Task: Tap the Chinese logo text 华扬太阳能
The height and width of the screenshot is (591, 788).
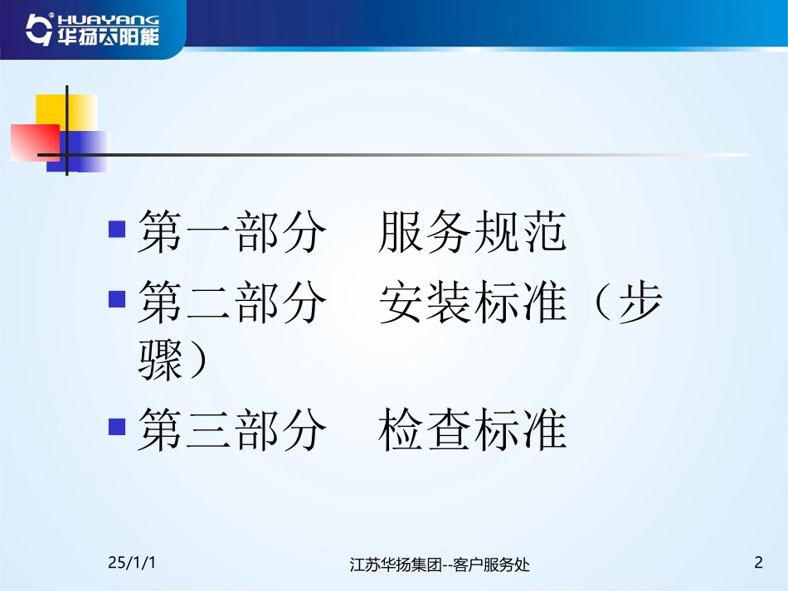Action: click(106, 37)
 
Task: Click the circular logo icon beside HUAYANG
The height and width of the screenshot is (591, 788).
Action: click(37, 29)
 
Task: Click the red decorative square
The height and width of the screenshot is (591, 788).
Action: click(33, 142)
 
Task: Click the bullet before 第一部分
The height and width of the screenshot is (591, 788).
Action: click(117, 228)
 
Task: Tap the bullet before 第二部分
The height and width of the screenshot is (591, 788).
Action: click(117, 296)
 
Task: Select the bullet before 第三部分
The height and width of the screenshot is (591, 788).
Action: click(117, 427)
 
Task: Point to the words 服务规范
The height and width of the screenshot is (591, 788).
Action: click(473, 231)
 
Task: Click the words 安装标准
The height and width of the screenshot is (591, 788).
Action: click(473, 303)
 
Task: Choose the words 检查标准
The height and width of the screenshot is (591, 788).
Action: click(473, 431)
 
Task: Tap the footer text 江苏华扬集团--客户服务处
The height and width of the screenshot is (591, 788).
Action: click(440, 565)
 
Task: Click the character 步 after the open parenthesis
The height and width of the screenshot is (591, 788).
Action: click(641, 303)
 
